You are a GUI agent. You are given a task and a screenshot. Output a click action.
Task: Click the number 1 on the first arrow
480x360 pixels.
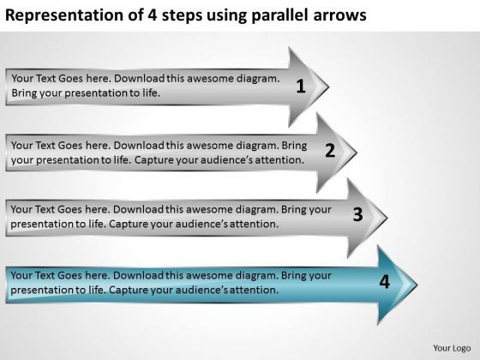point(299,85)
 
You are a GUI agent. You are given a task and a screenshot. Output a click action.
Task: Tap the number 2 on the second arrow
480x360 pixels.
point(330,151)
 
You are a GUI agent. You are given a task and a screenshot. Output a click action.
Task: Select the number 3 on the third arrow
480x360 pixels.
point(358,215)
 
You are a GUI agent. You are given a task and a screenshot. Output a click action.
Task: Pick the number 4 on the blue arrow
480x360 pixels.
point(384,280)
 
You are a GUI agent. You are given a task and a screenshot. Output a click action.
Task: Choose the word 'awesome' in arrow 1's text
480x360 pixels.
point(212,77)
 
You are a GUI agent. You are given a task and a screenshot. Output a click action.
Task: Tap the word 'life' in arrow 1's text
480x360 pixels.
point(151,90)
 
